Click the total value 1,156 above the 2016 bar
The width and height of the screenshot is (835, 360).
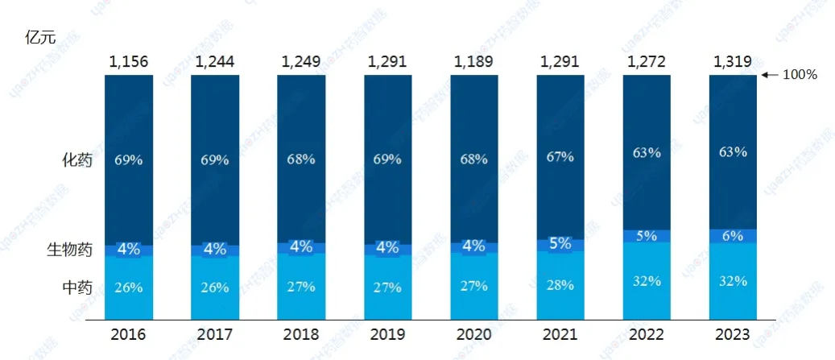click(x=128, y=60)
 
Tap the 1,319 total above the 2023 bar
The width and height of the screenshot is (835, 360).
click(x=733, y=60)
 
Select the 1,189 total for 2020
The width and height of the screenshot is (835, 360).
click(x=473, y=60)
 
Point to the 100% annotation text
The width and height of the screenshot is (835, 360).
click(x=800, y=75)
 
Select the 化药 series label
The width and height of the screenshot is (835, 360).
click(x=77, y=159)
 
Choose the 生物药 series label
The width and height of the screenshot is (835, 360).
click(x=71, y=250)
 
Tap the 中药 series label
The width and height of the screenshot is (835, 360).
click(x=77, y=287)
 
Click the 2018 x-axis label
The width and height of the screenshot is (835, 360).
click(x=300, y=334)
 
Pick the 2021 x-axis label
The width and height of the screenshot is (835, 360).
click(x=560, y=334)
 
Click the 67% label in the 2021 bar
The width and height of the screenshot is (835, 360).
click(x=560, y=157)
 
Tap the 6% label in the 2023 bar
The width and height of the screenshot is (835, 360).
click(x=734, y=235)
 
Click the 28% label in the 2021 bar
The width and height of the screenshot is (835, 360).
click(x=560, y=284)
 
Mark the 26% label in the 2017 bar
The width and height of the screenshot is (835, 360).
click(x=214, y=287)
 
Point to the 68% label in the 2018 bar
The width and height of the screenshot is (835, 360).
click(x=300, y=159)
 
